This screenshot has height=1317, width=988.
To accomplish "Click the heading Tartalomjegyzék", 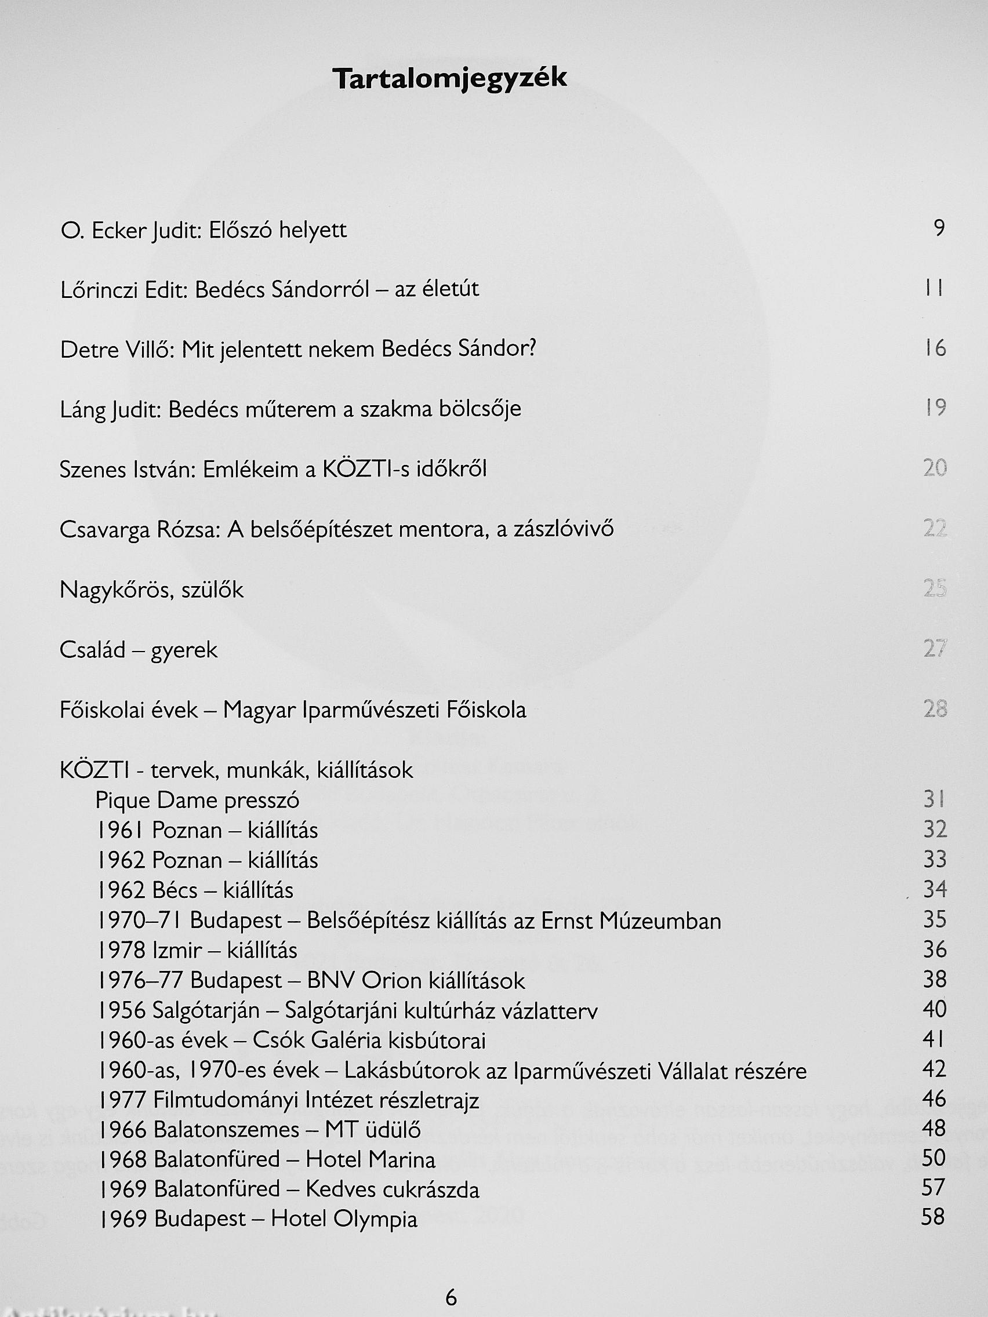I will click(449, 79).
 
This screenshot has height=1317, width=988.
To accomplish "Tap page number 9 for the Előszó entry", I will click(939, 228).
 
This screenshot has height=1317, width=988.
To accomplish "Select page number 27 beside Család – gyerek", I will click(935, 649).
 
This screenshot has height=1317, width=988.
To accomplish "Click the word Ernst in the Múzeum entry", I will click(566, 921).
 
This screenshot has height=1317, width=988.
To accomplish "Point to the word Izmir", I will click(177, 951).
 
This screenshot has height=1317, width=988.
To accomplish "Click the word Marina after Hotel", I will click(402, 1159).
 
